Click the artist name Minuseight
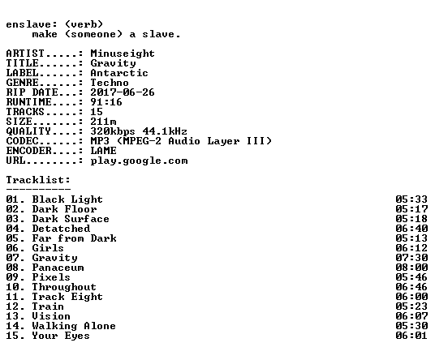pos(123,54)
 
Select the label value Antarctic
pos(119,73)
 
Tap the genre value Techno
pos(110,83)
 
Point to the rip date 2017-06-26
pos(123,92)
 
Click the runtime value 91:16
pos(106,102)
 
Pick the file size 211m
pos(103,122)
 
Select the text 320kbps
pos(113,131)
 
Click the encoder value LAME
pos(103,151)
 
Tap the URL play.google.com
pos(139,161)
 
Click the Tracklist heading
pos(38,180)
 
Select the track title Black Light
pos(67,199)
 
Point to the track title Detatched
pos(61,229)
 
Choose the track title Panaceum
pos(58,268)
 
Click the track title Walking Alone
pos(74,326)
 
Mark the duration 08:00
pos(411,268)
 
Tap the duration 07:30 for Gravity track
pos(411,258)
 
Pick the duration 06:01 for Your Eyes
pos(411,336)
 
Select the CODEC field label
pos(22,141)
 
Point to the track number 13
pos(12,316)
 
